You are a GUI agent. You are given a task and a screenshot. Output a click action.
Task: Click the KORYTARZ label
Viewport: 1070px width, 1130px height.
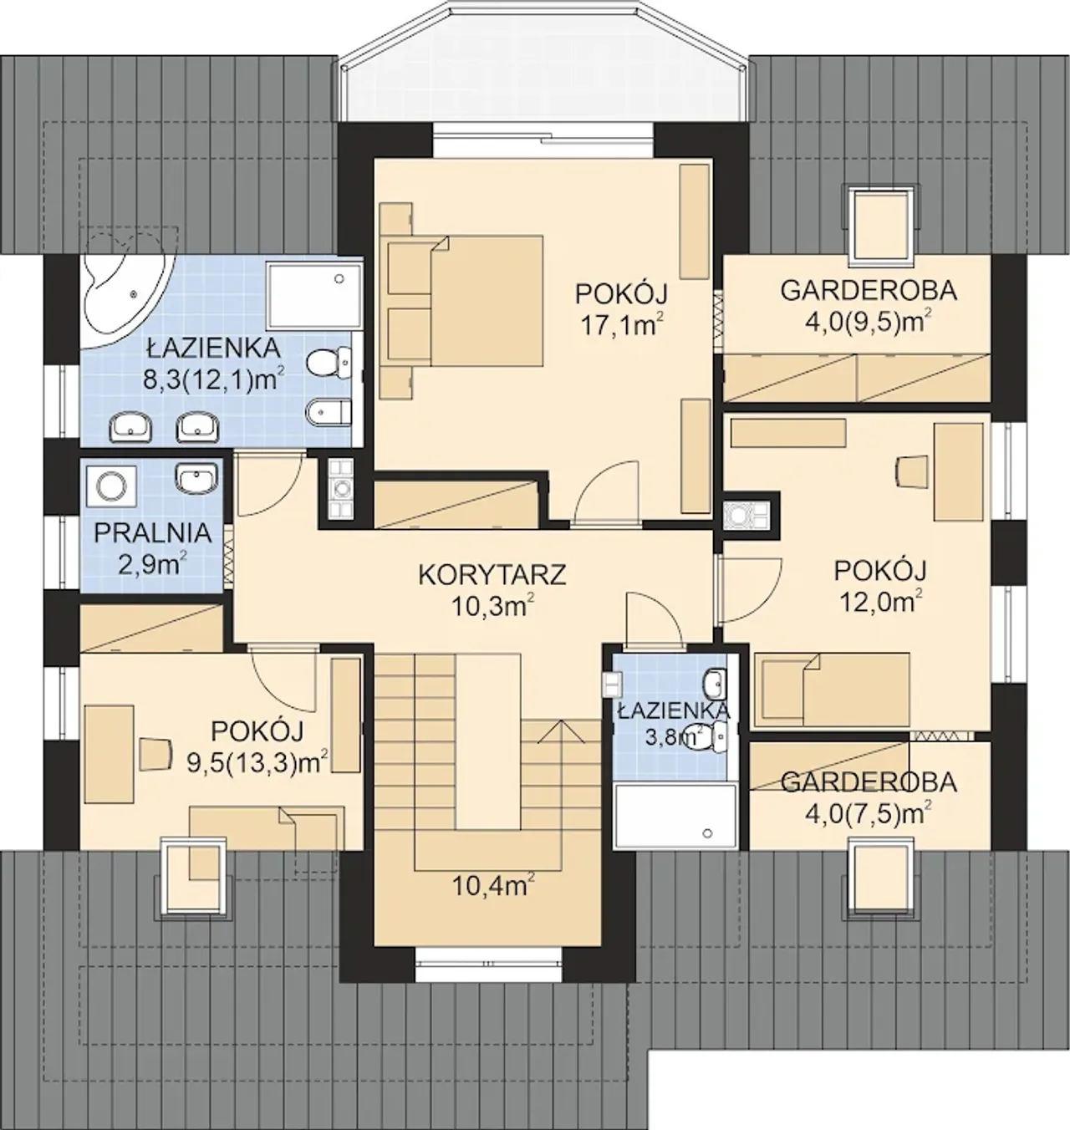pyautogui.click(x=492, y=574)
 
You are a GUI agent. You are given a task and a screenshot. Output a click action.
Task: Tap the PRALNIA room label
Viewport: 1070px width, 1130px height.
pyautogui.click(x=152, y=532)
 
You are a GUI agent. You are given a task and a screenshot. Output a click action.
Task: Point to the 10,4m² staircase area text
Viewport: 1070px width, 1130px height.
pyautogui.click(x=491, y=886)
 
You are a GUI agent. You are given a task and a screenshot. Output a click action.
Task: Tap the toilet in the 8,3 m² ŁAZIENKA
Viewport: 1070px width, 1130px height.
pyautogui.click(x=329, y=362)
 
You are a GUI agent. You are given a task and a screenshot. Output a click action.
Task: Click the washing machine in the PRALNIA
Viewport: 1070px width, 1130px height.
pyautogui.click(x=111, y=486)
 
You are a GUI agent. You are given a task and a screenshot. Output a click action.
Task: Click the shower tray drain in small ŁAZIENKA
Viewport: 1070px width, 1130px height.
pyautogui.click(x=708, y=832)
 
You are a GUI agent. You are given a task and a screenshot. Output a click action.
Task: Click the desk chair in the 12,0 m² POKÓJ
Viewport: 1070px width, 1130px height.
pyautogui.click(x=913, y=471)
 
